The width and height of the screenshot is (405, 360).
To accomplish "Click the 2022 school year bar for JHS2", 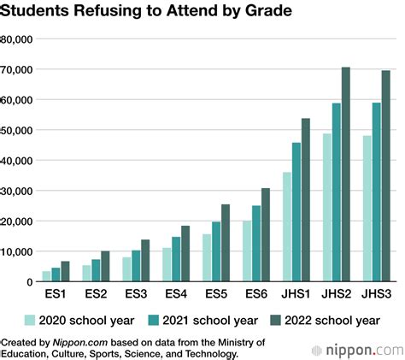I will [346, 174].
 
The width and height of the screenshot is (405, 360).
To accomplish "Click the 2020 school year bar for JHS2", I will [326, 207].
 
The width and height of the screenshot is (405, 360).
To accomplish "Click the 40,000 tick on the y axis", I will [16, 161].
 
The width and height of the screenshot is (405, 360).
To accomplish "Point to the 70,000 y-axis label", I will [16, 70].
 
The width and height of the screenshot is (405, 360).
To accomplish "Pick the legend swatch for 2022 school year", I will [276, 322].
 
